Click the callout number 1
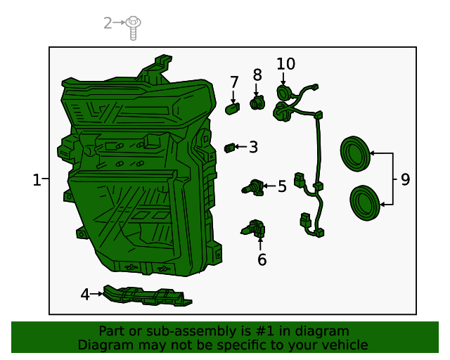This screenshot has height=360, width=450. [37, 180]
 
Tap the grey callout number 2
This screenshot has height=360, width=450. [108, 23]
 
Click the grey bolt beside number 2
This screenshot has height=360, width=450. [133, 28]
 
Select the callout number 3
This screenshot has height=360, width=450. [253, 147]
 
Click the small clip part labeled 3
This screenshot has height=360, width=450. [230, 148]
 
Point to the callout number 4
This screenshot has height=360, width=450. [85, 295]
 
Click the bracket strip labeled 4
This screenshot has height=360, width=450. [148, 295]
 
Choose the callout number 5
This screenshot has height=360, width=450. [282, 186]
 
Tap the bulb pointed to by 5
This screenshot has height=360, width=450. [253, 188]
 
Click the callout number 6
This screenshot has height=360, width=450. [262, 259]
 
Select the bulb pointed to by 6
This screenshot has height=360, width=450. [253, 229]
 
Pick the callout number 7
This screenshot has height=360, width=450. [234, 82]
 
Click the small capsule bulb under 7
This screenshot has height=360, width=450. [233, 109]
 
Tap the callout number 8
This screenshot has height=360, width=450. [257, 75]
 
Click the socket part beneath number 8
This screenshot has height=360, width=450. [257, 103]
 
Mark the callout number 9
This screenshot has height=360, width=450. [405, 180]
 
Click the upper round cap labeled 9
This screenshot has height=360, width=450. [355, 154]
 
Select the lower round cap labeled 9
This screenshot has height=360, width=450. [365, 203]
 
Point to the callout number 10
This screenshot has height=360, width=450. [285, 64]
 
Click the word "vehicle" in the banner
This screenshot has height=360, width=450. [348, 345]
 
